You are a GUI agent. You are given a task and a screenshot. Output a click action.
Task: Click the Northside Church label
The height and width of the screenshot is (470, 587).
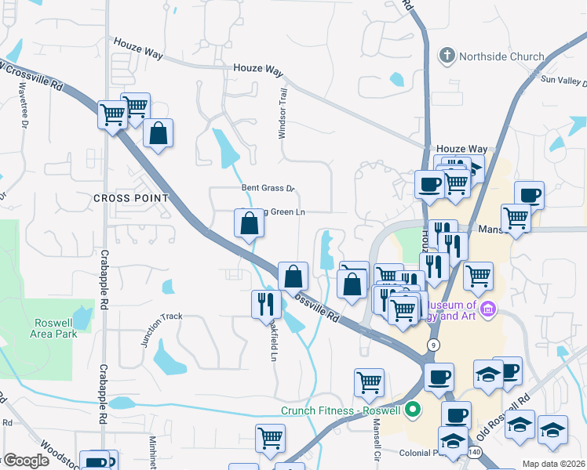[x=502, y=56]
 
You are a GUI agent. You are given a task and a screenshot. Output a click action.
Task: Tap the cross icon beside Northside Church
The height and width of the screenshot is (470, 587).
[x=447, y=56]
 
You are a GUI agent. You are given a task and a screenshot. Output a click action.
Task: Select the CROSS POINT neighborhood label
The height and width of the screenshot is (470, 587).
[x=131, y=198]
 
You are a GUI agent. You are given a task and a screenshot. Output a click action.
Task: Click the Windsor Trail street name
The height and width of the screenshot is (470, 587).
[x=283, y=114]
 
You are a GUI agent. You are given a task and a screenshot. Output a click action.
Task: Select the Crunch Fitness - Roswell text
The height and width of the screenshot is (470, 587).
[x=342, y=410]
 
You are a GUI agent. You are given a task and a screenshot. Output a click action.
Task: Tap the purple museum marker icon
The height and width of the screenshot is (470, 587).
[x=488, y=309]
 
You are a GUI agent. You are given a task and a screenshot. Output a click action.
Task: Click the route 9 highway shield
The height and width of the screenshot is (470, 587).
[x=433, y=345]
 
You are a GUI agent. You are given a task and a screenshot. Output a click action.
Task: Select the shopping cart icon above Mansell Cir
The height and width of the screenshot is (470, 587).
[x=369, y=382]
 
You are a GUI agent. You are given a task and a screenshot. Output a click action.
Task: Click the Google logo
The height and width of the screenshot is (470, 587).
[x=27, y=461]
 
